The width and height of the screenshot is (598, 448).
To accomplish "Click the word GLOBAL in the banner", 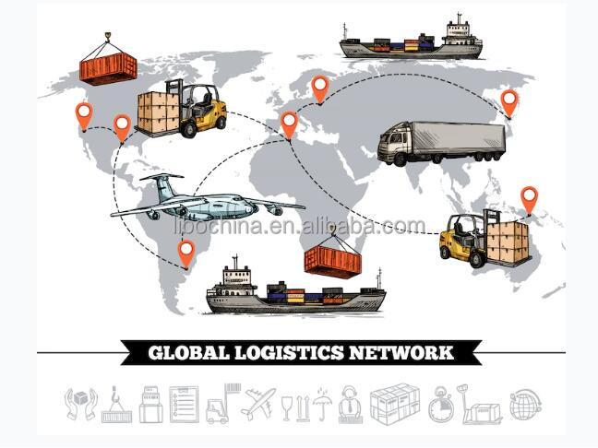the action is pyautogui.click(x=189, y=353).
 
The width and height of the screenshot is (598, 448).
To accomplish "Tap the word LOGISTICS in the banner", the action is pyautogui.click(x=289, y=353).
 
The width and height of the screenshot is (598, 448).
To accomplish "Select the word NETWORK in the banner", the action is pyautogui.click(x=401, y=353).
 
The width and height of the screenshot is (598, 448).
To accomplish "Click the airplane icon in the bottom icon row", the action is pyautogui.click(x=258, y=403).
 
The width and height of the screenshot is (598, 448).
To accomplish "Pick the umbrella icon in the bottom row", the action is pyautogui.click(x=322, y=404).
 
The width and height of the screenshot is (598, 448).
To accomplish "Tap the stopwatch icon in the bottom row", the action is pyautogui.click(x=442, y=405).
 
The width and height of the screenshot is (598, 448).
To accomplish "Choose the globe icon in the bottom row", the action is pyautogui.click(x=526, y=405).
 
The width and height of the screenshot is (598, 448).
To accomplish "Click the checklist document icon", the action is pyautogui.click(x=185, y=404).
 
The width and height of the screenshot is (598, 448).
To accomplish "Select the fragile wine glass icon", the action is pyautogui.click(x=287, y=408).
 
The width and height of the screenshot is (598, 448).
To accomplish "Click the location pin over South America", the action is pyautogui.click(x=186, y=253).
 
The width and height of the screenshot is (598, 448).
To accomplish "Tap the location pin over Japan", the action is pyautogui.click(x=509, y=103).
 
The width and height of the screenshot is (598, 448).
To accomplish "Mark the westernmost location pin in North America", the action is pyautogui.click(x=84, y=116).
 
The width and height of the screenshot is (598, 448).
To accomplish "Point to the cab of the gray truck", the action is pyautogui.click(x=393, y=144).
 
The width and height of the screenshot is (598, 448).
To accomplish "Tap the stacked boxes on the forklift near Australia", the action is pyautogui.click(x=508, y=242).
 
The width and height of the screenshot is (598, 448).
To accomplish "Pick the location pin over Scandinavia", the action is pyautogui.click(x=320, y=89).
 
